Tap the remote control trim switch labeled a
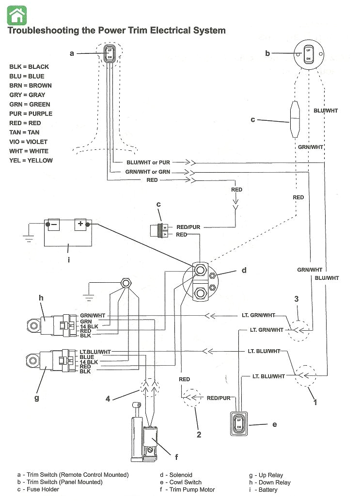[x=110, y=53]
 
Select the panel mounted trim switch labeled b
[x=308, y=54]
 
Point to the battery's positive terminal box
[x=79, y=225]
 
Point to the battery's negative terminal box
[x=52, y=225]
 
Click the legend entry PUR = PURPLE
[x=31, y=113]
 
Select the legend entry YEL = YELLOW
[x=31, y=160]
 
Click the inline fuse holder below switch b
[x=293, y=119]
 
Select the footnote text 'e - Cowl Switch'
[x=181, y=482]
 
